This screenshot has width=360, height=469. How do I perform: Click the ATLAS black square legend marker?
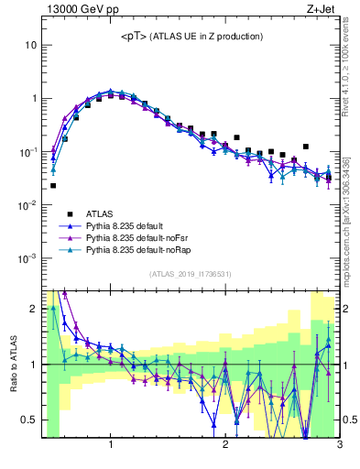coord(65,212)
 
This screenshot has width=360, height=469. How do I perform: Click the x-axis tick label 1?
coord(111,446)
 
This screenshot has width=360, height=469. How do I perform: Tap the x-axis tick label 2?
coord(225,446)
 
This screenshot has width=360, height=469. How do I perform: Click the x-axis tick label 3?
coord(339,446)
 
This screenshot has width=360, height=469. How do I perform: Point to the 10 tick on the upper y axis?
coord(30,45)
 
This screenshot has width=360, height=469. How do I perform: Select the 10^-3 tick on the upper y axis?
coord(28,258)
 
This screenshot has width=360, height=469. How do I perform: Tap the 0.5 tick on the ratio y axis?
coord(28,420)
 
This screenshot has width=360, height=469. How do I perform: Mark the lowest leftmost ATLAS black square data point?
coord(53,185)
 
